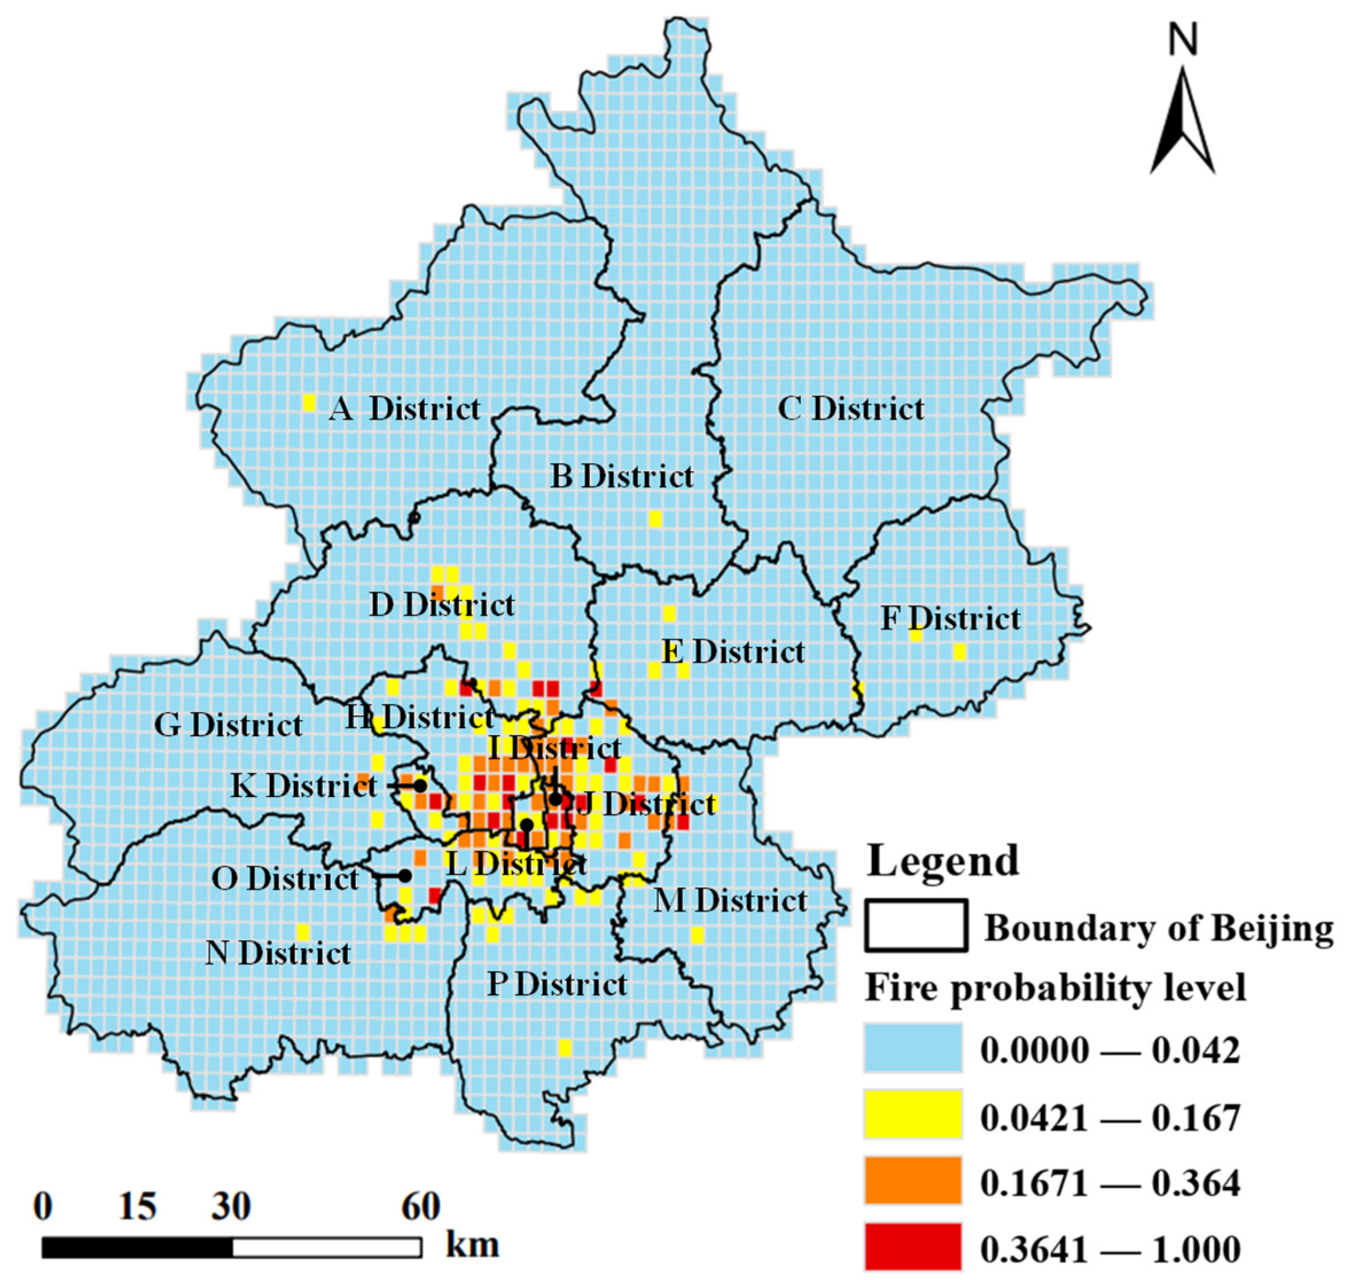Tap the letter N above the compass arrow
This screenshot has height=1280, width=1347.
[x=1182, y=40]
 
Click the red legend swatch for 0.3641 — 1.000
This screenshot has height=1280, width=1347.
[x=913, y=1246]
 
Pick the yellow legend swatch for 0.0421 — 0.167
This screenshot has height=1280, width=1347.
[x=913, y=1114]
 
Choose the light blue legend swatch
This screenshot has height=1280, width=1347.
[x=913, y=1047]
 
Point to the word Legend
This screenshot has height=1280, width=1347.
[x=942, y=861]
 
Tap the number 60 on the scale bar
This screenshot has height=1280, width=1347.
[x=420, y=1206]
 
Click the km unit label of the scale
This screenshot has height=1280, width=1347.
[x=472, y=1244]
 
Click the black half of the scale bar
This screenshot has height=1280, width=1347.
[x=137, y=1247]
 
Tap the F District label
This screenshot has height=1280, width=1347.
[x=950, y=618]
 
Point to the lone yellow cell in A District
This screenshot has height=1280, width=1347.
[x=308, y=402]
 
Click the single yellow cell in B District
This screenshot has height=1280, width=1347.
[x=655, y=519]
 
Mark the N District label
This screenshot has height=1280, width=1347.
[x=278, y=953]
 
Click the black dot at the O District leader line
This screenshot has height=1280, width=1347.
[x=405, y=875]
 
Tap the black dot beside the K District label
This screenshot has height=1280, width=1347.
[x=420, y=785]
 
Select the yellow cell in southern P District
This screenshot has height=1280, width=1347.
[x=565, y=1047]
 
